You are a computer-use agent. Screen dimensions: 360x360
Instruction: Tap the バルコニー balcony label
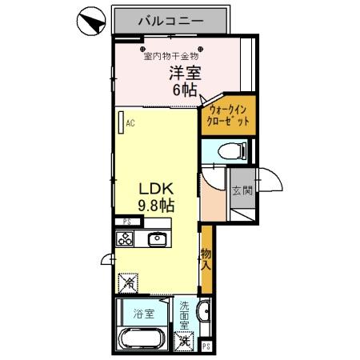click(x=170, y=19)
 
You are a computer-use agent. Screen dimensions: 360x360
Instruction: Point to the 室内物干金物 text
click(x=172, y=56)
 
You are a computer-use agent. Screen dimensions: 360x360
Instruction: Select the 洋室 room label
click(x=185, y=73)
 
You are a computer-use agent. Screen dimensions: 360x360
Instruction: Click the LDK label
click(x=157, y=189)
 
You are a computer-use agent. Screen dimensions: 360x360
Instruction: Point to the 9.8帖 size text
click(x=156, y=206)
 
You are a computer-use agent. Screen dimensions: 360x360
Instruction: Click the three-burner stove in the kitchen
click(x=126, y=238)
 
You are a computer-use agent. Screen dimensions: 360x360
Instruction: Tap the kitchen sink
click(x=157, y=238)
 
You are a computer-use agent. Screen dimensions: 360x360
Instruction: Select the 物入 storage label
click(x=206, y=258)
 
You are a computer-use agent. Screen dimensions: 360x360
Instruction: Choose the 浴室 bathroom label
click(x=143, y=315)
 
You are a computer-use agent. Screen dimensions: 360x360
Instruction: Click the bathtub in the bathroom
click(x=142, y=338)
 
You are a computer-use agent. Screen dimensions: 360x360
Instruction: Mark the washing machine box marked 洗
click(x=185, y=340)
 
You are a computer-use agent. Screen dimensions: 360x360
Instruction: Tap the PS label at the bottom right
click(x=206, y=346)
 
